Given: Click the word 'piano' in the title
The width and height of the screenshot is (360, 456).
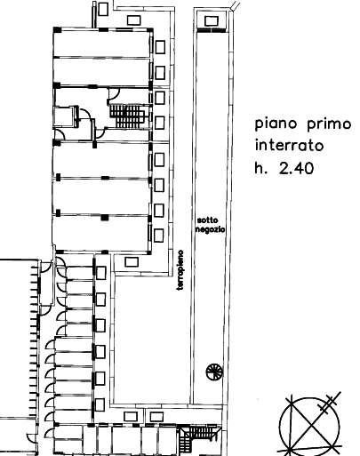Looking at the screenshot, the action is [x=277, y=124].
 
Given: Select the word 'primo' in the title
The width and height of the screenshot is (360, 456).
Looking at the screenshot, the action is [x=329, y=124].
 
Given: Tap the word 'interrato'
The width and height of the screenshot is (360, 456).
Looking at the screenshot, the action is [x=289, y=145].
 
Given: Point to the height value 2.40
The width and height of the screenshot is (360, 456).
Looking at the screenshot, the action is [x=296, y=168].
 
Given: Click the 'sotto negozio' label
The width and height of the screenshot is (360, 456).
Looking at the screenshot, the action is [x=211, y=225].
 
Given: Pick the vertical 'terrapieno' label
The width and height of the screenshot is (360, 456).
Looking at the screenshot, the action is [x=180, y=270].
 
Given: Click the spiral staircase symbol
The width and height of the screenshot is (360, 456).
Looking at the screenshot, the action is [x=214, y=372].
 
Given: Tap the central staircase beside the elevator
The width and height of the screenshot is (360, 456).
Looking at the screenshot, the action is [x=128, y=116].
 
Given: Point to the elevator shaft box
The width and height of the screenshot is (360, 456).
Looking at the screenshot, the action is [x=66, y=116].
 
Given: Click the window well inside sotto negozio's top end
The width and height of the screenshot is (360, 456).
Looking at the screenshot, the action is [x=212, y=21].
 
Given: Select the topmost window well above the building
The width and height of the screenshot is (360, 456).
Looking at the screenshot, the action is [x=103, y=9].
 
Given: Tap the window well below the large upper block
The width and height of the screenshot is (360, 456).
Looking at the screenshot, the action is [x=132, y=262].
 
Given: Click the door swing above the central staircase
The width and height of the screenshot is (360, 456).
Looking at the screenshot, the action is [x=114, y=94].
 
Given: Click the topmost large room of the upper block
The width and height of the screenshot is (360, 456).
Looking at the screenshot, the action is [x=101, y=44].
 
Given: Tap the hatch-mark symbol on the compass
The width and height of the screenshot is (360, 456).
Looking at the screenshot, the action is [x=329, y=404].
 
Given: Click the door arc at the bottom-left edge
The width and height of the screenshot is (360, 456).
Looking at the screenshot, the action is [x=29, y=438].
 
